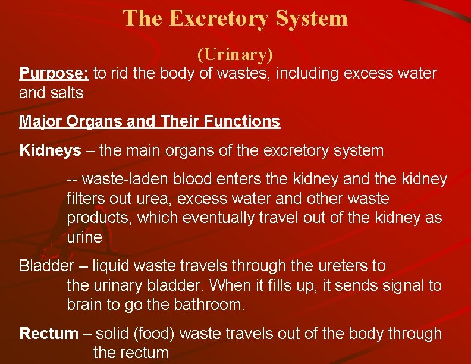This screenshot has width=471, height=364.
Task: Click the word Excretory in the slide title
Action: [x=218, y=18]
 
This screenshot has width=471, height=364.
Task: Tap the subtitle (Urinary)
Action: [x=235, y=55]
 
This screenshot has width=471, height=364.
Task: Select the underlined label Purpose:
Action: [x=54, y=74]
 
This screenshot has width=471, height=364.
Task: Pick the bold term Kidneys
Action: [x=50, y=151]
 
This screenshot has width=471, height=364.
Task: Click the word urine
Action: [x=84, y=237]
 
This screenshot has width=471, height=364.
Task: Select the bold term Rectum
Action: [x=49, y=334]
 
